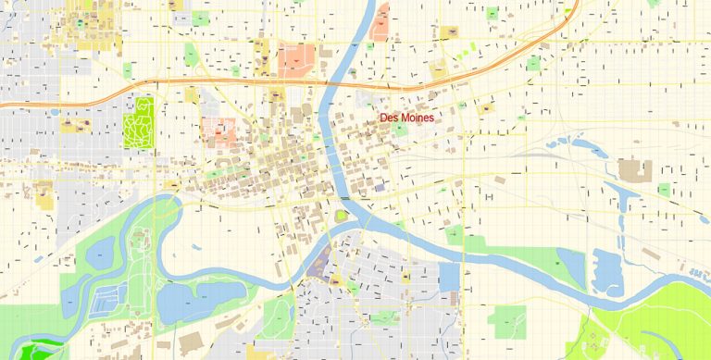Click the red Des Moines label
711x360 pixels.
pos(407,118)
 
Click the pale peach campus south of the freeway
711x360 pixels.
pos(219,132)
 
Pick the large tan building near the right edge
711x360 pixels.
pos(634,169)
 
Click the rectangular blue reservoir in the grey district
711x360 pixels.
pos(449,277)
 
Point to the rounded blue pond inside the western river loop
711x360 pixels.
pos(101,250)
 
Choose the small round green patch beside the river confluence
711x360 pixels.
pos(342,216)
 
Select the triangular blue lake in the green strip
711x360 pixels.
pos(570,265)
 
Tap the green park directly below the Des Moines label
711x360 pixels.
pos(400,130)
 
